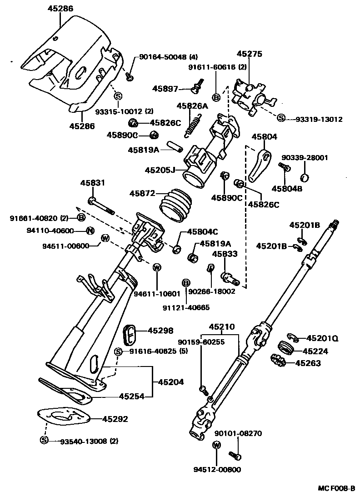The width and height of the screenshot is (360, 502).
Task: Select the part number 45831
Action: click(x=93, y=183)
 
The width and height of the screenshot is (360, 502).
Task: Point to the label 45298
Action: click(x=151, y=331)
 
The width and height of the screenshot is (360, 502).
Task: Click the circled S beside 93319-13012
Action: click(x=281, y=118)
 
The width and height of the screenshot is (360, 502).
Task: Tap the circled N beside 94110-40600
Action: click(x=90, y=231)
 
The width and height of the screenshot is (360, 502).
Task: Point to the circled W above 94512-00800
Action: click(x=216, y=445)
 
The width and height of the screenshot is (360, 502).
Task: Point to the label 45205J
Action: click(x=160, y=170)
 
